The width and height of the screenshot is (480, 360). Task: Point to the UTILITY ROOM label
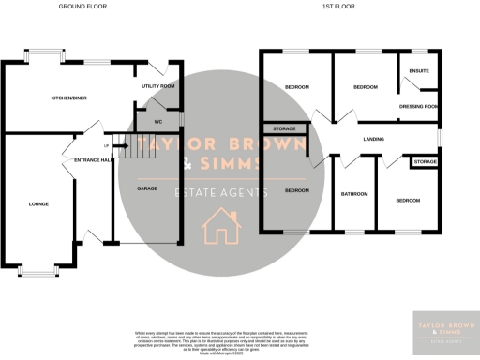click(158, 86)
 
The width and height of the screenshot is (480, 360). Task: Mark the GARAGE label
click(146, 188)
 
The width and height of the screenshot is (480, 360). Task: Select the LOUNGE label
click(38, 203)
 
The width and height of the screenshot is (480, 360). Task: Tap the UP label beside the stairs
click(106, 146)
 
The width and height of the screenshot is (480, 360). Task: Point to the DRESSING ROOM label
click(419, 106)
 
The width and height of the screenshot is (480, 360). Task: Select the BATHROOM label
click(354, 195)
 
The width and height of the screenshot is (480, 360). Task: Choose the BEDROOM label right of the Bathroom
click(408, 202)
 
